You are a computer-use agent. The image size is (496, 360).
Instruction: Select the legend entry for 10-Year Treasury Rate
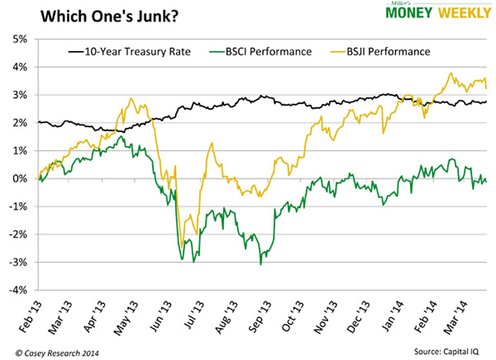(128, 52)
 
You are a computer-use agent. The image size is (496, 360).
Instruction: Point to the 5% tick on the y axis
(19, 39)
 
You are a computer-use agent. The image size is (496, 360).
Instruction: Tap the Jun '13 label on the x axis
(165, 313)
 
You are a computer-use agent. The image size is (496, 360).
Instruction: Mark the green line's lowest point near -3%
(260, 264)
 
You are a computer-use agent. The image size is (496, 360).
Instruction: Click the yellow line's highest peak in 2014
(451, 74)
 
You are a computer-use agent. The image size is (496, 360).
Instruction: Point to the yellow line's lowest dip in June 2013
(180, 246)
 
